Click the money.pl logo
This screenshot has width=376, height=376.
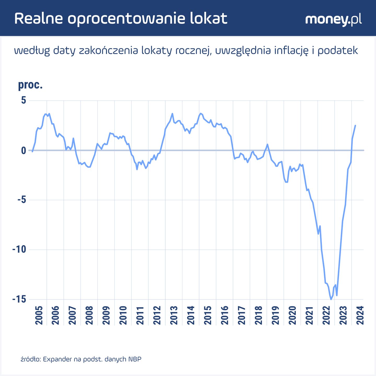click(x=333, y=20)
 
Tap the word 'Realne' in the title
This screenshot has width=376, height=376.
click(x=39, y=19)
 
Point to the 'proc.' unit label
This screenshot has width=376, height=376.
click(x=30, y=85)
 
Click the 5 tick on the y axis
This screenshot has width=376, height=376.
click(x=23, y=100)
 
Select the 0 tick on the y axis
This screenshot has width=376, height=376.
click(x=23, y=150)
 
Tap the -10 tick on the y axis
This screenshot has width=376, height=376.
click(x=19, y=250)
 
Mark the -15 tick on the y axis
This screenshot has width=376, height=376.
click(x=19, y=299)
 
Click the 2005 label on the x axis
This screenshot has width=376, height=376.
click(x=39, y=315)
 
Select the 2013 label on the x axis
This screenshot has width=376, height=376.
click(x=174, y=315)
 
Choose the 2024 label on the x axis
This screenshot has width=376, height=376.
click(x=360, y=315)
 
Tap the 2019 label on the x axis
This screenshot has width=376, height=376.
click(x=275, y=315)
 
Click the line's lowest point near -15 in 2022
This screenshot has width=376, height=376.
click(x=331, y=299)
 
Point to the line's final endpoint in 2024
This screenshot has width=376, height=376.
click(x=355, y=126)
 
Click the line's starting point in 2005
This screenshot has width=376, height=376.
click(x=32, y=151)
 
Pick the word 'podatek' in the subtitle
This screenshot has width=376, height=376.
click(x=338, y=51)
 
